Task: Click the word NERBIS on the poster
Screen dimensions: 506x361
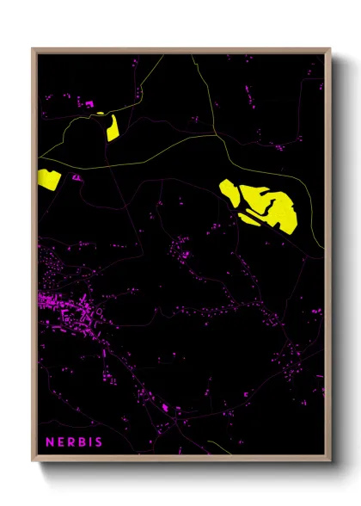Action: [74, 443]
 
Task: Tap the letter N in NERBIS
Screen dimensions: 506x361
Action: [50, 443]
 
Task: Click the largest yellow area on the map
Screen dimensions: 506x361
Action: [267, 207]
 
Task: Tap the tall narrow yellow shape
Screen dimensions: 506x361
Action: [112, 127]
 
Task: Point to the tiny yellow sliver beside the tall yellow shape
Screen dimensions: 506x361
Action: [101, 114]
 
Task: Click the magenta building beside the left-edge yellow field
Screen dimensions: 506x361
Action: [76, 177]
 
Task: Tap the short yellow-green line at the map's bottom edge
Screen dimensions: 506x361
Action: [219, 449]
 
